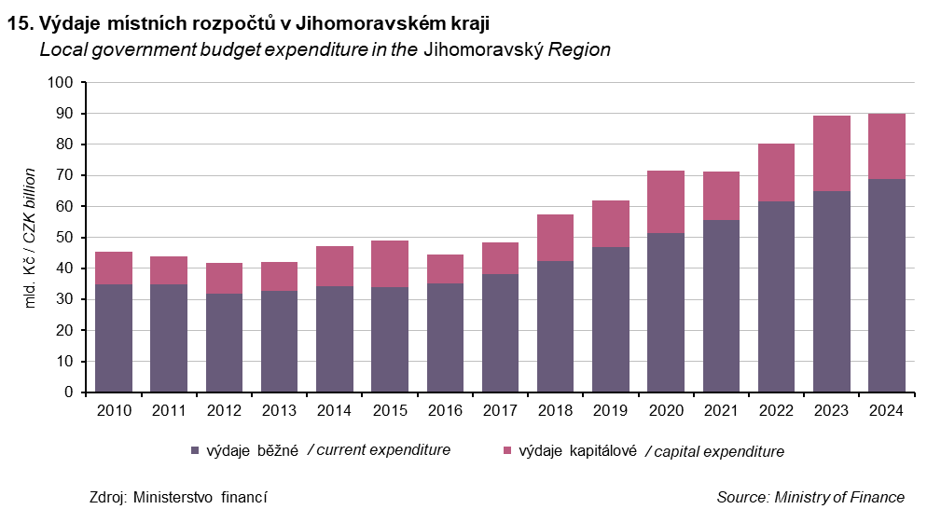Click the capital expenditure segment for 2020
click(666, 201)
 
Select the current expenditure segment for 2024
click(886, 285)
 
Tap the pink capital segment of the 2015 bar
click(390, 264)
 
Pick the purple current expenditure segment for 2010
click(114, 338)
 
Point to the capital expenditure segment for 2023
click(831, 153)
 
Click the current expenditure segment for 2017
click(500, 333)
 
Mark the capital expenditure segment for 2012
click(224, 278)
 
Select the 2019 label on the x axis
click(610, 409)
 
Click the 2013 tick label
click(279, 409)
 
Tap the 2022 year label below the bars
click(776, 409)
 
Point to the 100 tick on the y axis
click(60, 82)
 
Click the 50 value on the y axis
click(63, 238)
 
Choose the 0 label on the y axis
click(68, 392)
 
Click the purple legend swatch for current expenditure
click(195, 450)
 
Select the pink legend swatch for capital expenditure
click(506, 450)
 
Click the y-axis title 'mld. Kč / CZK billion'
click(30, 238)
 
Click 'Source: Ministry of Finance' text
click(810, 497)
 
